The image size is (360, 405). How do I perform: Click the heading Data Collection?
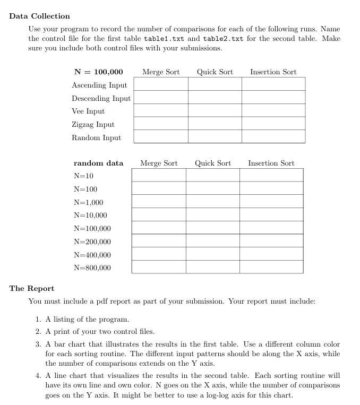tap(40, 16)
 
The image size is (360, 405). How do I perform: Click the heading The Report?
tap(32, 288)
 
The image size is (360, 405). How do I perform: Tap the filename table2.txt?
tap(223, 39)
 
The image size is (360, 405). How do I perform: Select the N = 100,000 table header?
tap(98, 72)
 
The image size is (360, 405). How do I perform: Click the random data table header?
tap(98, 163)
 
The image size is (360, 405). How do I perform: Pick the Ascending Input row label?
tap(99, 85)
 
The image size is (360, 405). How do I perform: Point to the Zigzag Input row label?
tap(93, 124)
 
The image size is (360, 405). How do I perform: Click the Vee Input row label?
tap(88, 111)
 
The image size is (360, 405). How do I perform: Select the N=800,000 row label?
tap(92, 268)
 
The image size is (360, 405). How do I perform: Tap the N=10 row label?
tap(83, 176)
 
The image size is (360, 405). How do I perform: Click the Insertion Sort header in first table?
tap(273, 72)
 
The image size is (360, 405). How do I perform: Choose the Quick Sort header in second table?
tap(213, 163)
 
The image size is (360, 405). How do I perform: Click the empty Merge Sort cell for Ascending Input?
tap(160, 84)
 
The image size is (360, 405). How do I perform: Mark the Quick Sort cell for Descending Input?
tap(215, 97)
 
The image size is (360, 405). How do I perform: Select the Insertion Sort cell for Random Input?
tap(273, 136)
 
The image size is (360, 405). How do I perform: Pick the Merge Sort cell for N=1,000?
tap(158, 201)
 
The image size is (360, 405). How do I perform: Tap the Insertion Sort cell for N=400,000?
tap(271, 254)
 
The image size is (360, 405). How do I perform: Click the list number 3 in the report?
tap(38, 344)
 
